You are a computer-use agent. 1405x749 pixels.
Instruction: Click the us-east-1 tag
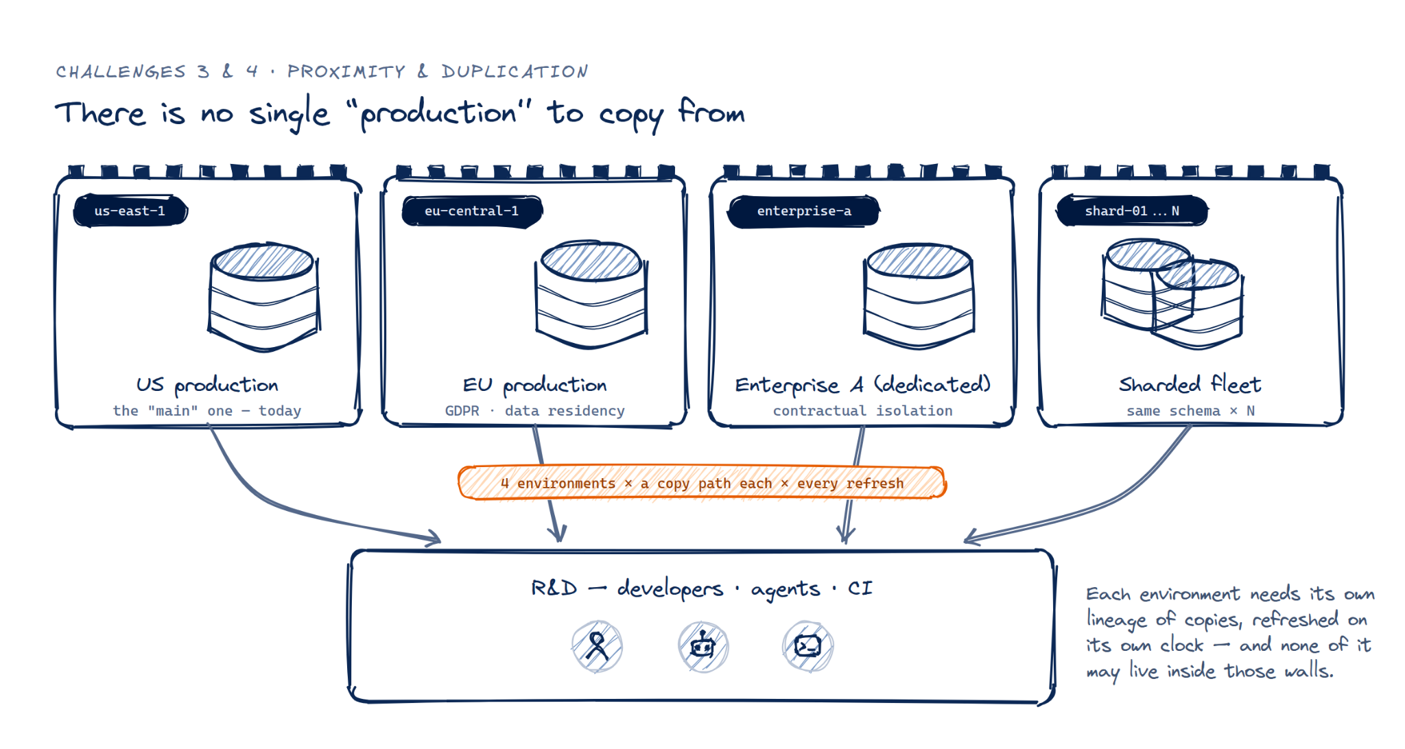pos(130,211)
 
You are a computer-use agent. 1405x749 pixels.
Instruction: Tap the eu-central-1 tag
pos(472,211)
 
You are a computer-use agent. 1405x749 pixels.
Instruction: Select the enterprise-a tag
pos(804,211)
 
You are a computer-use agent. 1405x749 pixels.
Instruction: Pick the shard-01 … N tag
pos(1132,211)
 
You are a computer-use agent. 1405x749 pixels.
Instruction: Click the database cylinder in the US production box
pos(264,296)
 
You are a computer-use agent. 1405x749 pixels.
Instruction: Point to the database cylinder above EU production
pos(591,295)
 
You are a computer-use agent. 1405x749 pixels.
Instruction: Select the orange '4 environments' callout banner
pos(702,483)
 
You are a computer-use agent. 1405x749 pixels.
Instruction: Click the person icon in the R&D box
pos(597,646)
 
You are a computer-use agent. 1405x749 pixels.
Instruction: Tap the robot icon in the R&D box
pos(703,646)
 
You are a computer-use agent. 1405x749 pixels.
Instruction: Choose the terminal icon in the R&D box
pos(808,646)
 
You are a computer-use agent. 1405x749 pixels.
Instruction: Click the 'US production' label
pos(207,385)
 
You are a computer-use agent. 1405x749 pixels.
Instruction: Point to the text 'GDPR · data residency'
pos(535,411)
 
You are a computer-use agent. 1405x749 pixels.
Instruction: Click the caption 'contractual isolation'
pos(863,411)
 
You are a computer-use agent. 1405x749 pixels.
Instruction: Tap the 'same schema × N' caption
pos(1191,411)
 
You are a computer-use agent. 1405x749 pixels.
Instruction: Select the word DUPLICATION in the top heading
pos(515,71)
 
